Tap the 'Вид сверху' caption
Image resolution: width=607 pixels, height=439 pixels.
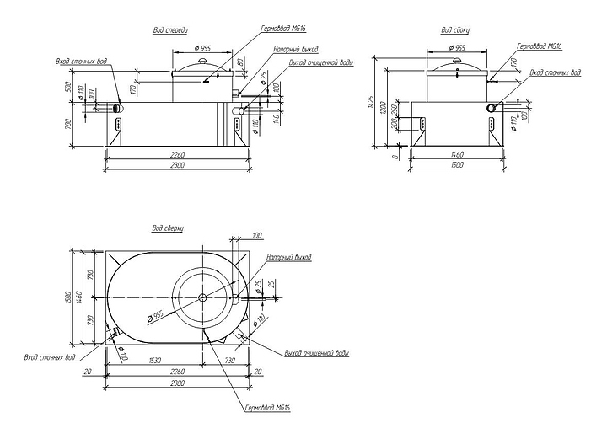pyautogui.click(x=168, y=228)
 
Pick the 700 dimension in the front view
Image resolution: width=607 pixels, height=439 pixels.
pyautogui.click(x=68, y=127)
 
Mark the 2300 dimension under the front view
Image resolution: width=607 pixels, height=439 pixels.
pyautogui.click(x=178, y=166)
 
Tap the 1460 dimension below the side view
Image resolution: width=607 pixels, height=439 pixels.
pyautogui.click(x=456, y=156)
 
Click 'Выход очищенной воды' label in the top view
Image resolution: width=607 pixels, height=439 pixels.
pyautogui.click(x=317, y=353)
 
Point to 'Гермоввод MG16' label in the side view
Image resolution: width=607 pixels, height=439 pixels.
pyautogui.click(x=540, y=46)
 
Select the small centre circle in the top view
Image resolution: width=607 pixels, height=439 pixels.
pyautogui.click(x=202, y=297)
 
